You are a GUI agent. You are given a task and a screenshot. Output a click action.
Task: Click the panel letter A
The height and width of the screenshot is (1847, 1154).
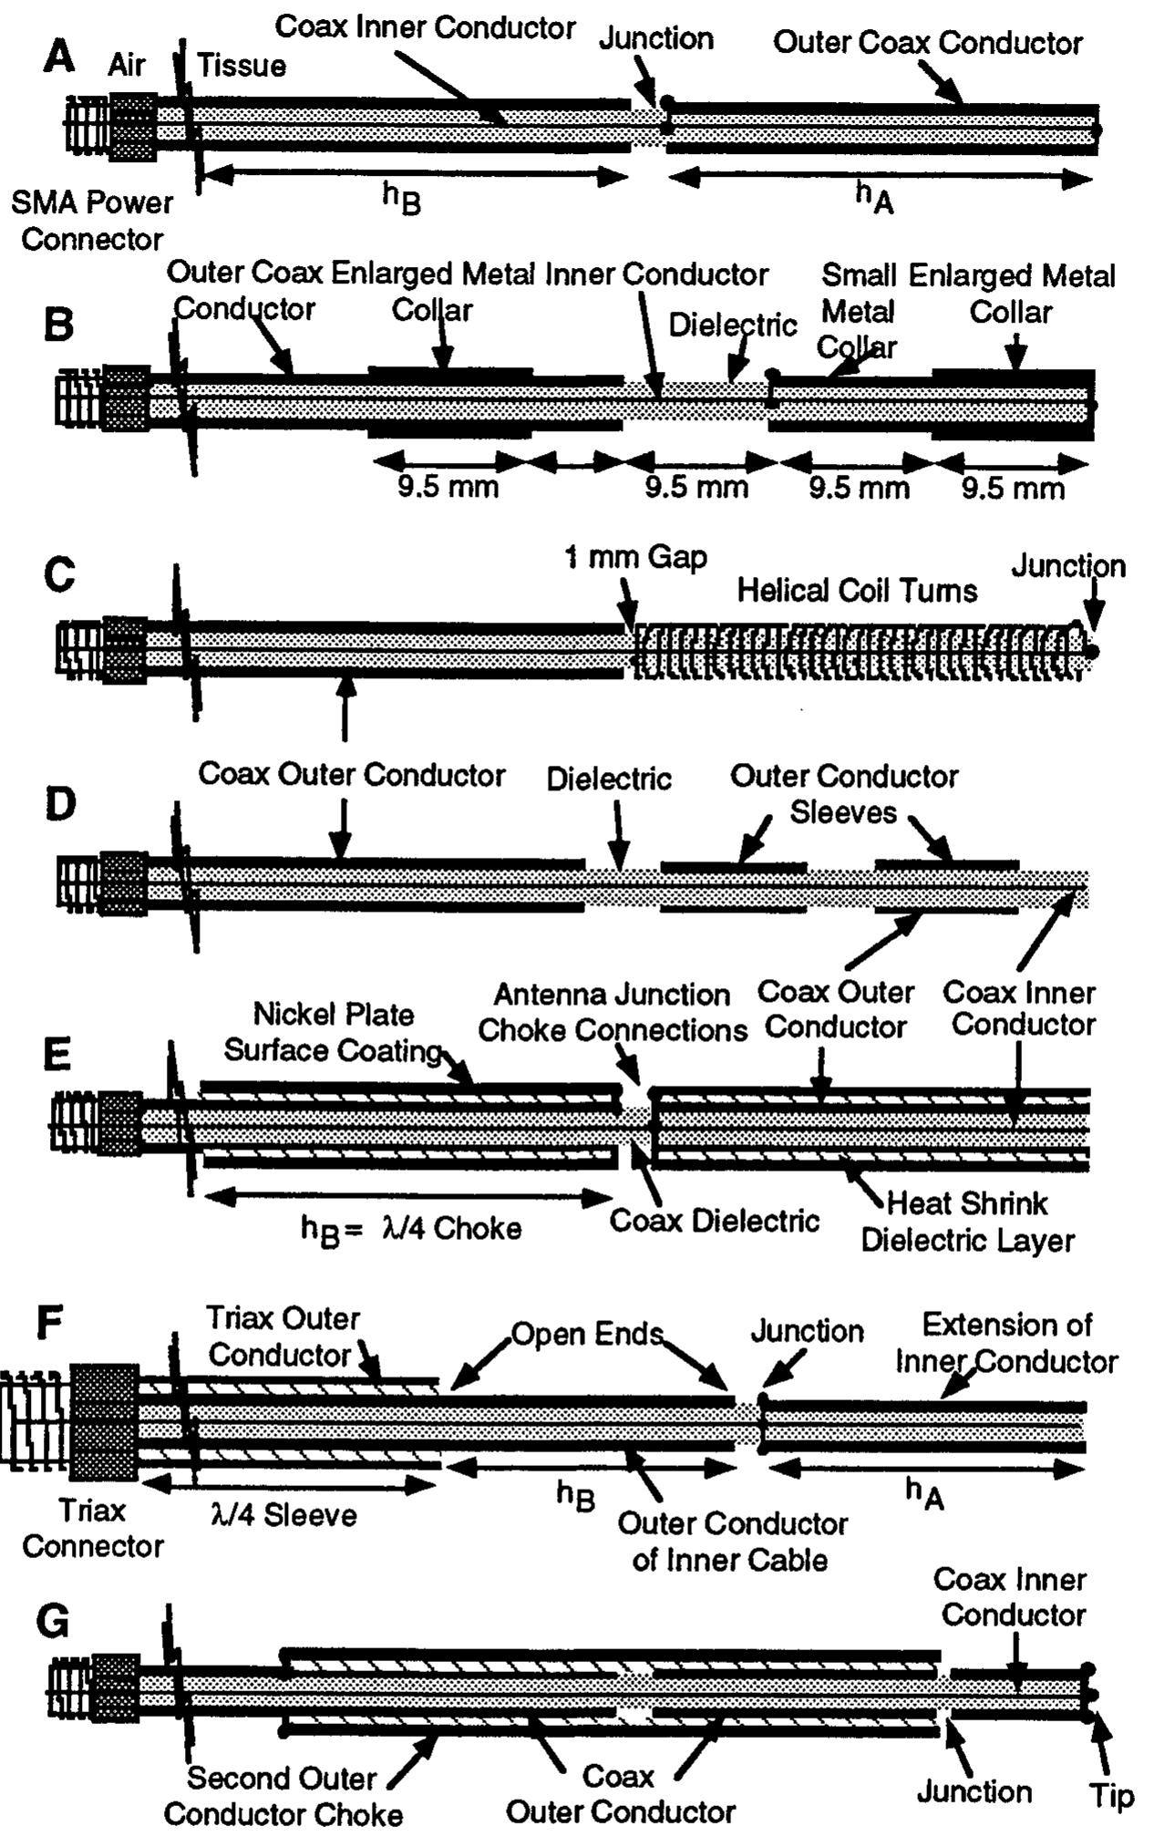pos(59,58)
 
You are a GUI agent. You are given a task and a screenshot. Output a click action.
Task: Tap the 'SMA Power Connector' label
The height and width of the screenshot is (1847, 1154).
pos(91,221)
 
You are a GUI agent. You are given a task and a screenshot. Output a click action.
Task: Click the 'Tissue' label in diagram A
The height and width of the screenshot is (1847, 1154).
pos(242,66)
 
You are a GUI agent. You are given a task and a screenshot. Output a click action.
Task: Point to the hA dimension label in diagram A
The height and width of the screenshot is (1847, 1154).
pos(873,196)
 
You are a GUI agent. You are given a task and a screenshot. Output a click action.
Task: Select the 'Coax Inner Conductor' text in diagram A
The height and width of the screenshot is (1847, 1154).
pos(425,27)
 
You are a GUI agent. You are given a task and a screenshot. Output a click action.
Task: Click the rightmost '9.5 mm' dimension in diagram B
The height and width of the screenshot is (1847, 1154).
pos(1013,489)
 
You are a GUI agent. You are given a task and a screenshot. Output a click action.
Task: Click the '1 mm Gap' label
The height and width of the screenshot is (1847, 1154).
pos(635,557)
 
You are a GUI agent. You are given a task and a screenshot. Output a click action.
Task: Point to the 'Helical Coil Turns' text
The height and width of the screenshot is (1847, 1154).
pos(857,591)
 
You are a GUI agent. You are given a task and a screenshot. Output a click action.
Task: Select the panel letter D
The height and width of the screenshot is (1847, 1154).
pos(60,805)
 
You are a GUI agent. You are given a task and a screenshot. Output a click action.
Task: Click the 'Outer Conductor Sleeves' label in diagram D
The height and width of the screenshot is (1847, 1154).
pos(843,794)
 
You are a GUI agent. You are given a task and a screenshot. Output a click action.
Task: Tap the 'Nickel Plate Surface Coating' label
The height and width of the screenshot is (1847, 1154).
pos(333,1032)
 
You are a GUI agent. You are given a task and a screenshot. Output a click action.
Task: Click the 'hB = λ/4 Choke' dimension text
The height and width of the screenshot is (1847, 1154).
pos(411,1229)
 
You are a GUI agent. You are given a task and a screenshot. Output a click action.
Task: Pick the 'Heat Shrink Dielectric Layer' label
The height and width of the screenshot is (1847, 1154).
pos(967,1222)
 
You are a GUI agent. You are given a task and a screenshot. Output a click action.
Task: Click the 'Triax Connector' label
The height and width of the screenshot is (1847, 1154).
pos(92,1528)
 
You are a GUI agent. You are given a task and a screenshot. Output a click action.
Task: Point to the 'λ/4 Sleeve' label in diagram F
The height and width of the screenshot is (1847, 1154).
pos(283,1515)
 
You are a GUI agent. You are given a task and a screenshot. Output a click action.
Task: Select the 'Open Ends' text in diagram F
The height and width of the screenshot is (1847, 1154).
pos(586,1334)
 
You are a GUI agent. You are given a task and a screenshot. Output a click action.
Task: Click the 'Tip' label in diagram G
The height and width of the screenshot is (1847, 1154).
pos(1111,1796)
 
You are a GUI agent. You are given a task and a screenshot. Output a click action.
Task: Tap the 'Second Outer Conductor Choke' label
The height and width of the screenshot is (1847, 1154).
pos(283,1796)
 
